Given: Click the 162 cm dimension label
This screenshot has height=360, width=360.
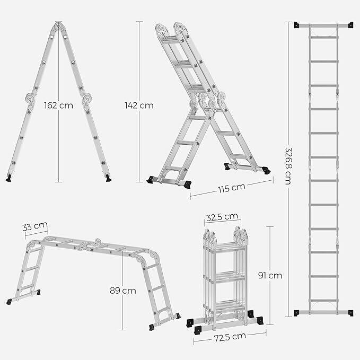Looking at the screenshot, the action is tap(58, 106).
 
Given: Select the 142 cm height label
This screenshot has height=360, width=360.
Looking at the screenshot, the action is tap(139, 106).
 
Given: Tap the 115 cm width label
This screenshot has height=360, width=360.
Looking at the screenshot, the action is tap(232, 188).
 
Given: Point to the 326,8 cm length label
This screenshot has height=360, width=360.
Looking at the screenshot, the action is tap(288, 166).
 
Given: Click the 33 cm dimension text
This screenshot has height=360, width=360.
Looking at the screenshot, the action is tap(35, 226).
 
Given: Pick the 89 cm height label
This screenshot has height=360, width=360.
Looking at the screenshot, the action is tap(123, 291).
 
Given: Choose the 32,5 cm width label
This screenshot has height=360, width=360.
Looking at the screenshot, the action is tap(222, 217).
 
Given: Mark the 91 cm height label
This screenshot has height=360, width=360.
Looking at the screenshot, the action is tap(270, 275).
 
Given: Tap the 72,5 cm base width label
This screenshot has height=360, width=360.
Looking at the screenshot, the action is tap(230, 337).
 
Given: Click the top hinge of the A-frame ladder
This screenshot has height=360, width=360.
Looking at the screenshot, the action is tap(58, 26).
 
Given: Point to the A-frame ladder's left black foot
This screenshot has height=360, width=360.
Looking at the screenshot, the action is tap(8, 178).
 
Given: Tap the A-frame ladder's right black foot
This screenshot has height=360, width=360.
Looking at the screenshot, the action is tap(108, 178).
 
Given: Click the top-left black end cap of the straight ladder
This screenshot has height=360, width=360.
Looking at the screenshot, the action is tap(296, 25).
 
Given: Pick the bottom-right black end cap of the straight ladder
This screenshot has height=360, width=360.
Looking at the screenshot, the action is tap(350, 313).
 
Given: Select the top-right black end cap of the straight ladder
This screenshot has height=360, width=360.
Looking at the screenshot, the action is tap(350, 25).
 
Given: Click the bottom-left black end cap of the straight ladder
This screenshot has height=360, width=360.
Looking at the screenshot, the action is tap(296, 313).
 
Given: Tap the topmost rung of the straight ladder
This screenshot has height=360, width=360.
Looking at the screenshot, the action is tap(323, 37).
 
